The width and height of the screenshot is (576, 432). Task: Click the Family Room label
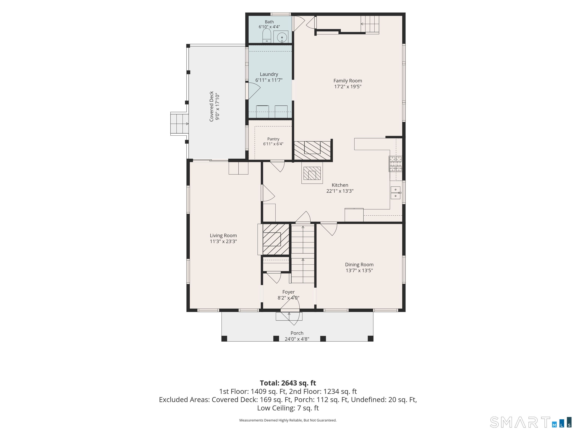click(x=348, y=81)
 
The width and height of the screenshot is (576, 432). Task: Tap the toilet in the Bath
click(x=267, y=36)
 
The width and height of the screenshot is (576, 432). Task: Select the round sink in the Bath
click(x=281, y=37)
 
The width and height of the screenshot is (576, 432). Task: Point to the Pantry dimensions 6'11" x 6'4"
click(x=273, y=144)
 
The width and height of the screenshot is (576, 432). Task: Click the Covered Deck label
click(x=211, y=106)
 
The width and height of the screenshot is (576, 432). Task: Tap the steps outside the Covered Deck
click(x=179, y=124)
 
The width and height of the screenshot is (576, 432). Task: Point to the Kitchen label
click(x=340, y=185)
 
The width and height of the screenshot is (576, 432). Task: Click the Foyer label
click(x=289, y=292)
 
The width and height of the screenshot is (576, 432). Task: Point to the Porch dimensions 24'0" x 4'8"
click(x=297, y=339)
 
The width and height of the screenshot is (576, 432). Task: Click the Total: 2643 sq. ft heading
click(x=288, y=383)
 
